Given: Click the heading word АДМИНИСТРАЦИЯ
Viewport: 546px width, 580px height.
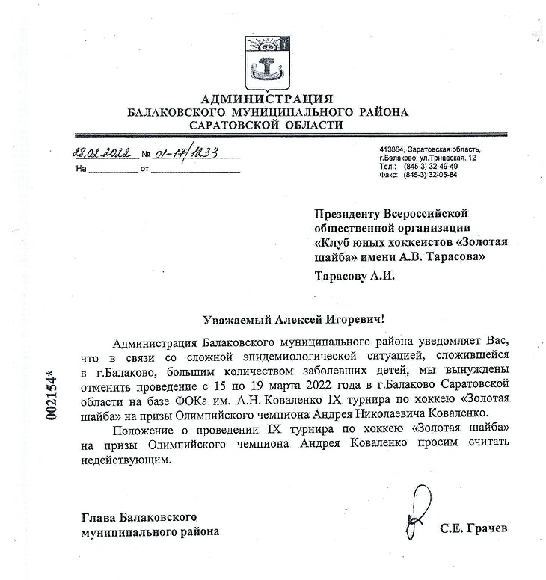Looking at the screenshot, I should coord(267,99).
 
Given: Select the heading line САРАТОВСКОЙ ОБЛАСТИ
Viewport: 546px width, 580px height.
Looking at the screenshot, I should coord(267,125).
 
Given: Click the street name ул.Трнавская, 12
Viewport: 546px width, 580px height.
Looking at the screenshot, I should coord(447,158).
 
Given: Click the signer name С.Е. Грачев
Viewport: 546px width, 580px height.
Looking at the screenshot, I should coord(473,528).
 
